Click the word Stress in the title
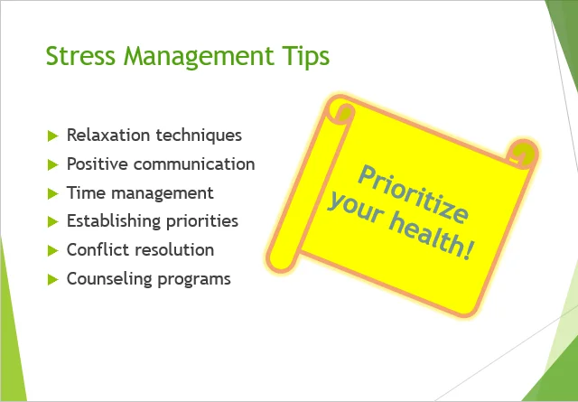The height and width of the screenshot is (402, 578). tap(80, 56)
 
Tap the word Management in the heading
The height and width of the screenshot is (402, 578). tap(199, 58)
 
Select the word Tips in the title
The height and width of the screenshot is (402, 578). tap(306, 58)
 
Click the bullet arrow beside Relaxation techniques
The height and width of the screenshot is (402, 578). tap(53, 136)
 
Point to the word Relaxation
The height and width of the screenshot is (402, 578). tap(108, 135)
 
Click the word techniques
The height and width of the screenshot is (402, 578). tap(199, 136)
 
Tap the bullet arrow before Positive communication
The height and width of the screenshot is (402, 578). tap(53, 164)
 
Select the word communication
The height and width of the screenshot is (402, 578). tap(194, 164)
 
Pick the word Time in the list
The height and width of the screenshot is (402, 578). tap(85, 192)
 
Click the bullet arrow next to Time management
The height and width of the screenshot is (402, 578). tap(53, 193)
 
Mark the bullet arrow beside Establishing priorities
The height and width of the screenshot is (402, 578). tap(53, 222)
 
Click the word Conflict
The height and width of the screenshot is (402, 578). tap(97, 249)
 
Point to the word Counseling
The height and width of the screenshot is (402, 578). tap(109, 279)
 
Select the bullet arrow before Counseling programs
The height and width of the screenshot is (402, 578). tap(53, 280)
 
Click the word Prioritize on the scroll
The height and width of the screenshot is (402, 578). tap(413, 194)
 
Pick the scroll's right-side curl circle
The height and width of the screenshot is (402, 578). tap(523, 152)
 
